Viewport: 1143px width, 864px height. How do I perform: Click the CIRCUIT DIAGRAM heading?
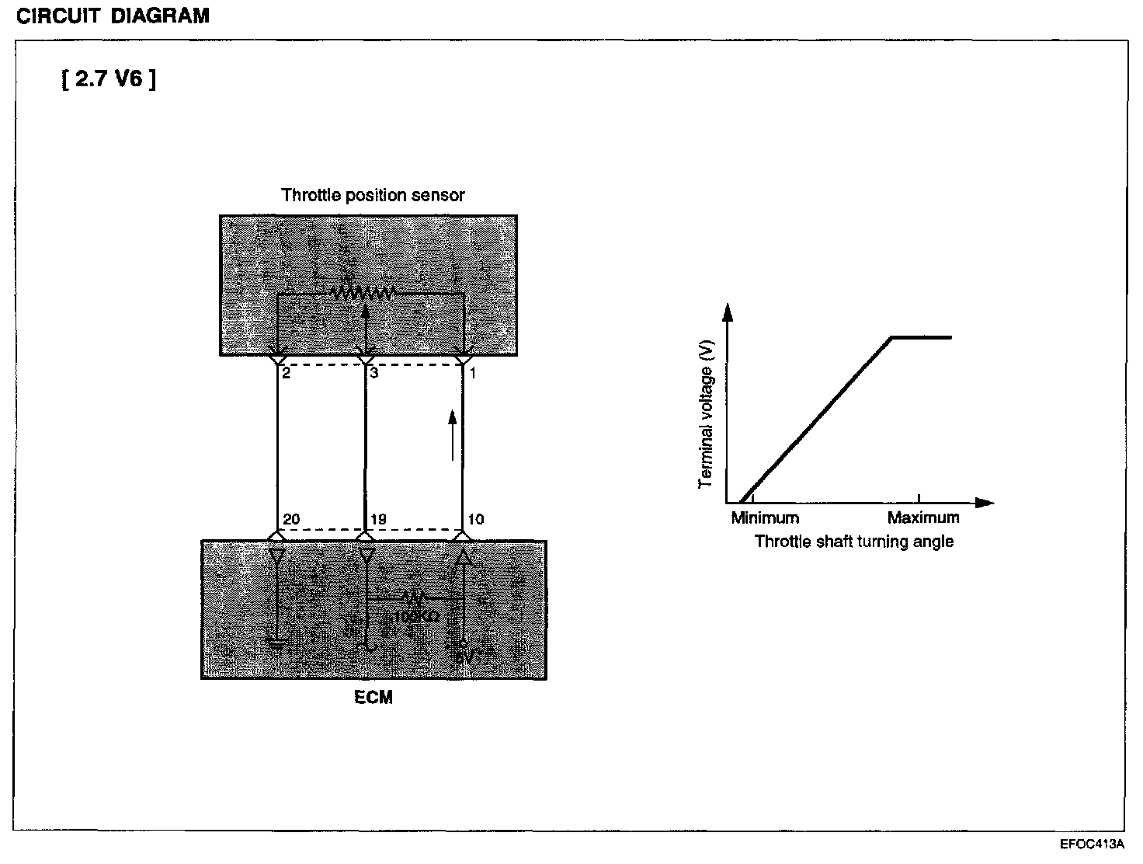click(113, 16)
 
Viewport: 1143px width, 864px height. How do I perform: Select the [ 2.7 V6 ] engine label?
click(108, 79)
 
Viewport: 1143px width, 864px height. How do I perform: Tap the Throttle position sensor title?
click(373, 195)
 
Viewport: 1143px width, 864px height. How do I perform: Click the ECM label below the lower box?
click(373, 698)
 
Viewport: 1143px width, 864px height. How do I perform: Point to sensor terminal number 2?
click(287, 374)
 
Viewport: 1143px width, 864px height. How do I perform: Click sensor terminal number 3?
click(374, 374)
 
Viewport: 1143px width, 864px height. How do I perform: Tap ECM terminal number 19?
click(378, 520)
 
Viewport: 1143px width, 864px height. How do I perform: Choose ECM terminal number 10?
click(476, 520)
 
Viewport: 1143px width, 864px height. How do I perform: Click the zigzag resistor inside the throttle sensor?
click(363, 294)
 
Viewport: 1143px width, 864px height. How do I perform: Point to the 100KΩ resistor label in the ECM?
click(417, 617)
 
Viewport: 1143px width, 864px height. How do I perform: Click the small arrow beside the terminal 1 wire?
click(453, 435)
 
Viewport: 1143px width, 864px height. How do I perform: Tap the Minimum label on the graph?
click(765, 518)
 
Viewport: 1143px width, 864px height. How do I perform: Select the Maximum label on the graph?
click(923, 518)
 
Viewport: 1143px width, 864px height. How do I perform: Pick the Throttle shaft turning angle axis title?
click(854, 542)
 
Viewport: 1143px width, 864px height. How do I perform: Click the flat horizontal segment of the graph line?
click(921, 337)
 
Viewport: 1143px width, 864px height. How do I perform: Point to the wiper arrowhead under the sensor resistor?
click(366, 310)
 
